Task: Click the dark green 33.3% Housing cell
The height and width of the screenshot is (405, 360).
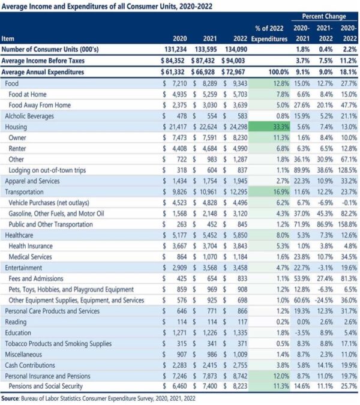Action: point(269,127)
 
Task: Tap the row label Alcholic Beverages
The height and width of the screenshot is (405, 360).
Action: point(29,116)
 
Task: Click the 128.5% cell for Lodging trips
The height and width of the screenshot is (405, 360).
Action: point(347,170)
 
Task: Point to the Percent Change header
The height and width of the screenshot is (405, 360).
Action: point(324,16)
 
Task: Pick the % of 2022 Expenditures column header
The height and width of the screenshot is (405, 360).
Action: point(269,34)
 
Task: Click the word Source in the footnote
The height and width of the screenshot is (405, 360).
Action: point(10,398)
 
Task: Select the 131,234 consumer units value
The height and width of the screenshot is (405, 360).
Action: point(176,49)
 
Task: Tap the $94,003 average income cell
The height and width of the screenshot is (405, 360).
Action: point(233,61)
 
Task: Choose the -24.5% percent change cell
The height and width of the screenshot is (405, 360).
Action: point(324,300)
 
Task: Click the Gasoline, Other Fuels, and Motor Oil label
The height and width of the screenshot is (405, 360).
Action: point(56,214)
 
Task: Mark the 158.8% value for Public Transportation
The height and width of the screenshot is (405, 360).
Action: point(347,224)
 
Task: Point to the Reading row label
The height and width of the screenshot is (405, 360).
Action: point(16,322)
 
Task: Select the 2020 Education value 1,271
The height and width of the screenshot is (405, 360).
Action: point(180,332)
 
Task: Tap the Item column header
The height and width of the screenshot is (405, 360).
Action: point(8,39)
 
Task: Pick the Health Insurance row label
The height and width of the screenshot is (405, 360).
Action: point(31,246)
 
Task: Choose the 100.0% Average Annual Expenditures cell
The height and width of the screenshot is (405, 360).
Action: point(278,72)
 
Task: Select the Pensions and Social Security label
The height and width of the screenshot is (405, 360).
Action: point(46,386)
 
